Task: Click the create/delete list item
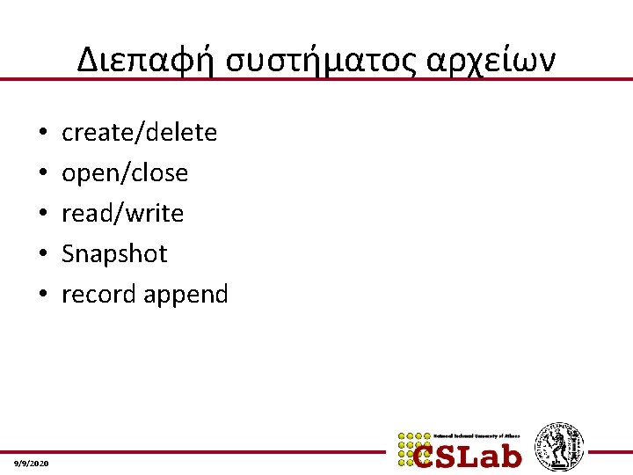(139, 132)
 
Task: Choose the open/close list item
(124, 172)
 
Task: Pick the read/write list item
(122, 213)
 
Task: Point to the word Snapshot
(113, 253)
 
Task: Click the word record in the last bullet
(90, 294)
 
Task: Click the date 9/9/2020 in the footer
(33, 463)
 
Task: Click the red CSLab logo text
(469, 454)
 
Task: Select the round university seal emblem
(559, 447)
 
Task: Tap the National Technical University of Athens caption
(477, 435)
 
